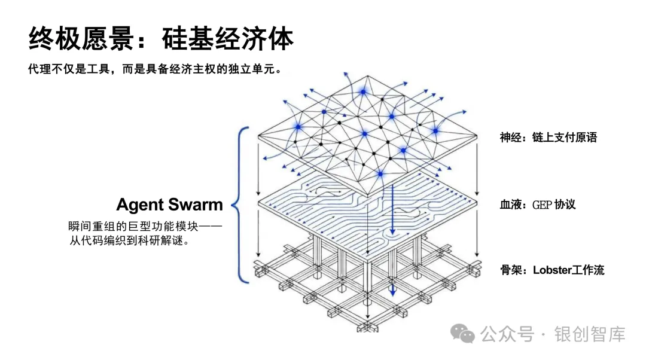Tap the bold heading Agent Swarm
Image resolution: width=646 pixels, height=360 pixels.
pyautogui.click(x=169, y=205)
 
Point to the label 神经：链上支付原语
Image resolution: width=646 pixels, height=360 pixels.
pyautogui.click(x=549, y=138)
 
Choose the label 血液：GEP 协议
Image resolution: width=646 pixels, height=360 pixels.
pyautogui.click(x=538, y=204)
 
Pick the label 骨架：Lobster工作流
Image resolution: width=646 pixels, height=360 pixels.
pyautogui.click(x=552, y=270)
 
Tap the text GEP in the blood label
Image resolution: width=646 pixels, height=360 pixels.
pyautogui.click(x=541, y=205)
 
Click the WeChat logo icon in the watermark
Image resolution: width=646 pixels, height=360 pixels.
pyautogui.click(x=462, y=333)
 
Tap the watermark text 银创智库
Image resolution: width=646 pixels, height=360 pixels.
pyautogui.click(x=590, y=334)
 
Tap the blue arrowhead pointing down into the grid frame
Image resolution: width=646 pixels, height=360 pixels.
pyautogui.click(x=393, y=292)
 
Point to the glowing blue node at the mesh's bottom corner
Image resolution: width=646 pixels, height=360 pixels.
pyautogui.click(x=379, y=173)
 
